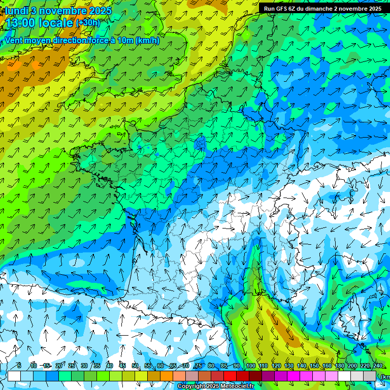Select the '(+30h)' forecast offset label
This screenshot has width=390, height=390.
88,23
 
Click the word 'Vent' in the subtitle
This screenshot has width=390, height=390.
14,41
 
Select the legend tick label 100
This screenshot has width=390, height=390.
250,366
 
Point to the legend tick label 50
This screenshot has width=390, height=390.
135,366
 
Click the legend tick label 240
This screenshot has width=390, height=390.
377,366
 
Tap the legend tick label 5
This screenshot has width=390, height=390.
19,366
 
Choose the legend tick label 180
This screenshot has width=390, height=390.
339,366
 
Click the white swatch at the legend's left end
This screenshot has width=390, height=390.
14,376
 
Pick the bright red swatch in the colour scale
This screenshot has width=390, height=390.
230,376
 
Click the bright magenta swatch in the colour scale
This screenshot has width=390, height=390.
294,376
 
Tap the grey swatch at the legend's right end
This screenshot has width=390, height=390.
370,376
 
